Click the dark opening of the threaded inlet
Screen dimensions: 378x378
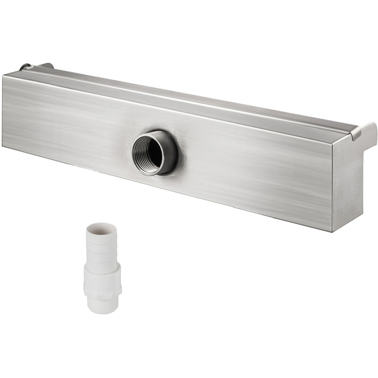152,152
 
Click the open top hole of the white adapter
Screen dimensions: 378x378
100,228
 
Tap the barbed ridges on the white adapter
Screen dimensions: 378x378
101,248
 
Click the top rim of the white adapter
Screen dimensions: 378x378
100,226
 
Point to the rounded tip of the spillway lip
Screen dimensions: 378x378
373,127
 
